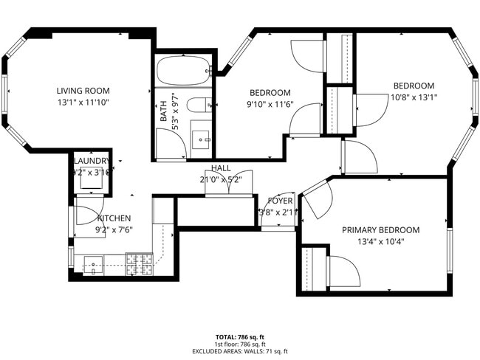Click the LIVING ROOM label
pyautogui.click(x=83, y=91)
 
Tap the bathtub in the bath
pyautogui.click(x=182, y=72)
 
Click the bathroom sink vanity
pyautogui.click(x=199, y=139)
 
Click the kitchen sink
pyautogui.click(x=94, y=263)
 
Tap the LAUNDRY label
pyautogui.click(x=92, y=161)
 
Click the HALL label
pyautogui.click(x=220, y=168)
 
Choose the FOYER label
pyautogui.click(x=280, y=201)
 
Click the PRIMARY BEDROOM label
pyautogui.click(x=380, y=229)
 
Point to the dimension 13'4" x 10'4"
pyautogui.click(x=380, y=241)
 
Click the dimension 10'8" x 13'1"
pyautogui.click(x=414, y=97)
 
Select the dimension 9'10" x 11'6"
pyautogui.click(x=270, y=104)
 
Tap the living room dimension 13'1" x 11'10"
pyautogui.click(x=83, y=103)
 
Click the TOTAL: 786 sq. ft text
pyautogui.click(x=239, y=335)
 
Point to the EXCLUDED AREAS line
pyautogui.click(x=239, y=351)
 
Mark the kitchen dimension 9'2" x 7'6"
pyautogui.click(x=113, y=229)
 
